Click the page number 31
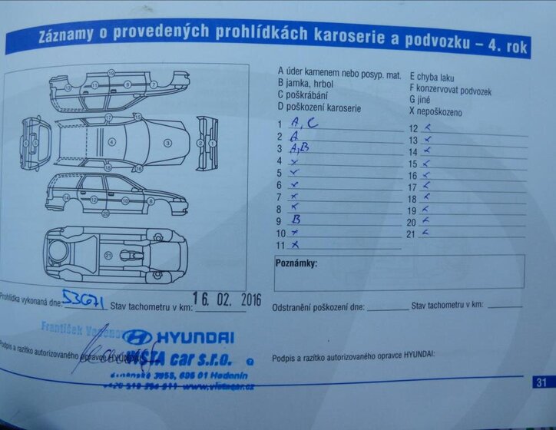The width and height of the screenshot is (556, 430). pyautogui.click(x=541, y=382)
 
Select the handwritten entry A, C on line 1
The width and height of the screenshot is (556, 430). pyautogui.click(x=300, y=123)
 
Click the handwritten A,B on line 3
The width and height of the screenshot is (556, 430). pyautogui.click(x=300, y=148)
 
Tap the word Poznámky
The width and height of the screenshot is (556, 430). pyautogui.click(x=296, y=264)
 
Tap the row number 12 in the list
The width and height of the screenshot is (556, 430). pyautogui.click(x=412, y=129)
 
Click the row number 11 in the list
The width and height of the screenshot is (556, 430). pyautogui.click(x=281, y=246)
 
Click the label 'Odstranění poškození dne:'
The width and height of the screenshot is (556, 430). pyautogui.click(x=319, y=307)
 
